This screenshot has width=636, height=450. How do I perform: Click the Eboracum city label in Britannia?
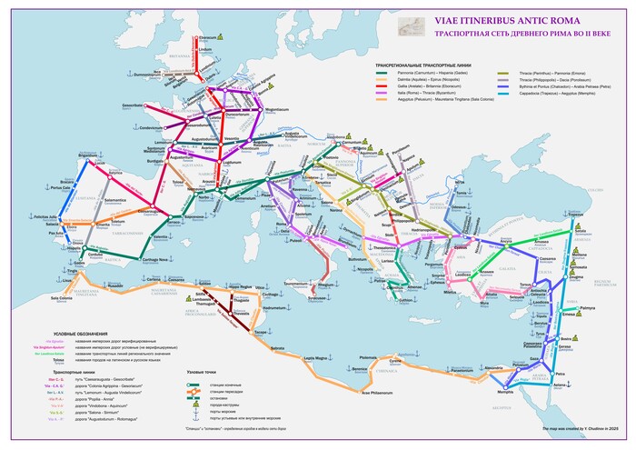208,37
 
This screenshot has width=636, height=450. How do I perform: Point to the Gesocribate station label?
134,105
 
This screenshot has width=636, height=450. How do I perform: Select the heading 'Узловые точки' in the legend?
201,372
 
